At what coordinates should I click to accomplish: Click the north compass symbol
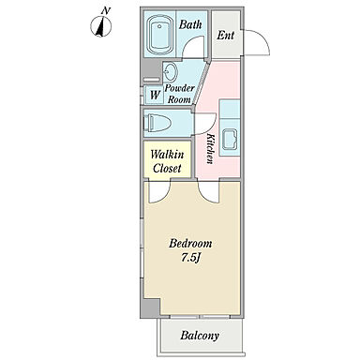pyautogui.click(x=101, y=25)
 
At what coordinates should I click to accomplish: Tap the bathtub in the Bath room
pyautogui.click(x=159, y=34)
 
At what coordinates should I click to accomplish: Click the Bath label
pyautogui.click(x=190, y=24)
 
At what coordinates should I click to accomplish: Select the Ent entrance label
pyautogui.click(x=225, y=35)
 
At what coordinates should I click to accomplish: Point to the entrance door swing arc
pyautogui.click(x=262, y=37)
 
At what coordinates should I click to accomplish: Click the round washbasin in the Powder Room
pyautogui.click(x=171, y=72)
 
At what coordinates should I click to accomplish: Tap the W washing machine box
pyautogui.click(x=155, y=95)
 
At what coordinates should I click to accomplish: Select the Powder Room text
pyautogui.click(x=179, y=94)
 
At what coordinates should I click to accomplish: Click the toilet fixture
pyautogui.click(x=157, y=123)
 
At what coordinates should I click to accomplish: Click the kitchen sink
pyautogui.click(x=229, y=139)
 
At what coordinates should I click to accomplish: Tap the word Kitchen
pyautogui.click(x=211, y=149)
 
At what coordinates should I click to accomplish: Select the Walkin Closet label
pyautogui.click(x=167, y=161)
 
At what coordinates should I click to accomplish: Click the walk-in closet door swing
pyautogui.click(x=160, y=191)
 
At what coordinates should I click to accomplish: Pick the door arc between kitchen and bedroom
pyautogui.click(x=209, y=192)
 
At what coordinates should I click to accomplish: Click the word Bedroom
pyautogui.click(x=190, y=243)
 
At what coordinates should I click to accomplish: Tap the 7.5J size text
pyautogui.click(x=190, y=258)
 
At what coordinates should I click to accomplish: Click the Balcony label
pyautogui.click(x=200, y=336)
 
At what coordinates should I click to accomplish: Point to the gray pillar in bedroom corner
pyautogui.click(x=151, y=307)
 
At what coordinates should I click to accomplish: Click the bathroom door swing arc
pyautogui.click(x=194, y=45)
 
